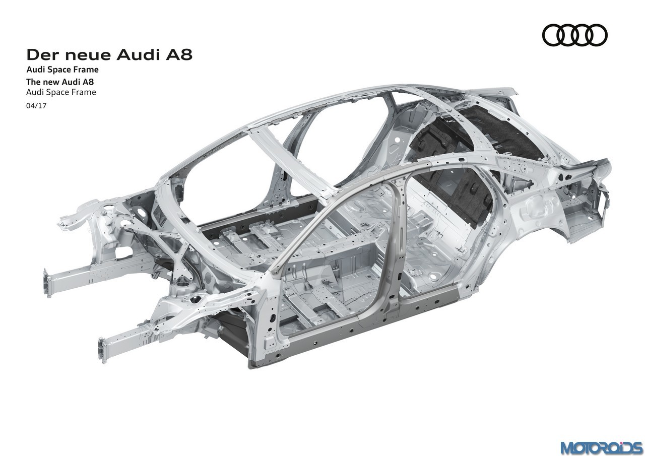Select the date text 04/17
(x=36, y=106)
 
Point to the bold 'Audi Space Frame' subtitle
(x=62, y=70)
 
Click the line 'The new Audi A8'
(x=60, y=82)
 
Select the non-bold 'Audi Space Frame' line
(x=61, y=92)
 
